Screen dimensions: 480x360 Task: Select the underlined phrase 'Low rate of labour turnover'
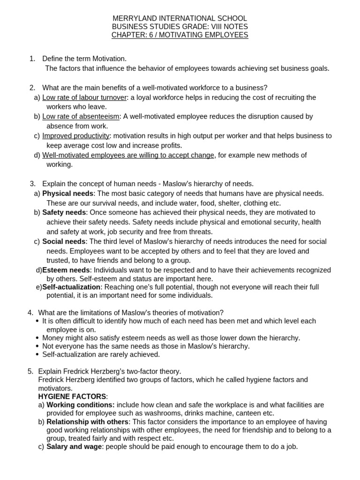(x=84, y=97)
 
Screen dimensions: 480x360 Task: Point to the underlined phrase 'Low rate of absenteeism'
(x=81, y=116)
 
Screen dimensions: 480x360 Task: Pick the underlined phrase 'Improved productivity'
(x=76, y=136)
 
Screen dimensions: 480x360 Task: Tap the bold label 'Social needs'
(x=64, y=241)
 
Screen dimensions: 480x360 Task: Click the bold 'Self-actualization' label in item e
(x=71, y=287)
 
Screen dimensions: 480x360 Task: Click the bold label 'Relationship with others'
(x=87, y=422)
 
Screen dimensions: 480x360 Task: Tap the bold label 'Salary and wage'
(x=74, y=447)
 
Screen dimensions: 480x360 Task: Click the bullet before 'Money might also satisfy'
(x=37, y=338)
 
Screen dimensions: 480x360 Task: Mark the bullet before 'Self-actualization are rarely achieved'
(x=37, y=355)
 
